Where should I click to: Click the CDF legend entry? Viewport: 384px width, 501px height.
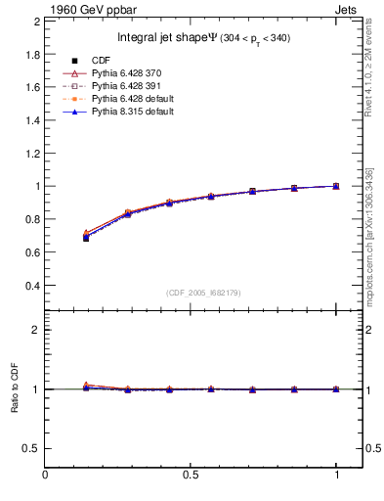[122, 61]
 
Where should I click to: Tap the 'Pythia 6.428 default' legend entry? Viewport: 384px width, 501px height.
[146, 99]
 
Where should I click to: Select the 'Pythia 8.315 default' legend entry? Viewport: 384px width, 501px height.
[146, 112]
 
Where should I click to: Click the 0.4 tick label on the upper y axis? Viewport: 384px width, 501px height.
[31, 286]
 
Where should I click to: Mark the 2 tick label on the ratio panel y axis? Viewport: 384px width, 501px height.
[35, 330]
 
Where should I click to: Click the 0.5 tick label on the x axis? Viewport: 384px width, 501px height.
[192, 477]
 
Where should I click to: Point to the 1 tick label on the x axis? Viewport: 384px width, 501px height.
[337, 477]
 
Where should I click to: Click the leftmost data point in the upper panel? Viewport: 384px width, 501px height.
[86, 238]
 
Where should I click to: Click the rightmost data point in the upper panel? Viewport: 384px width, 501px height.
[336, 186]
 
